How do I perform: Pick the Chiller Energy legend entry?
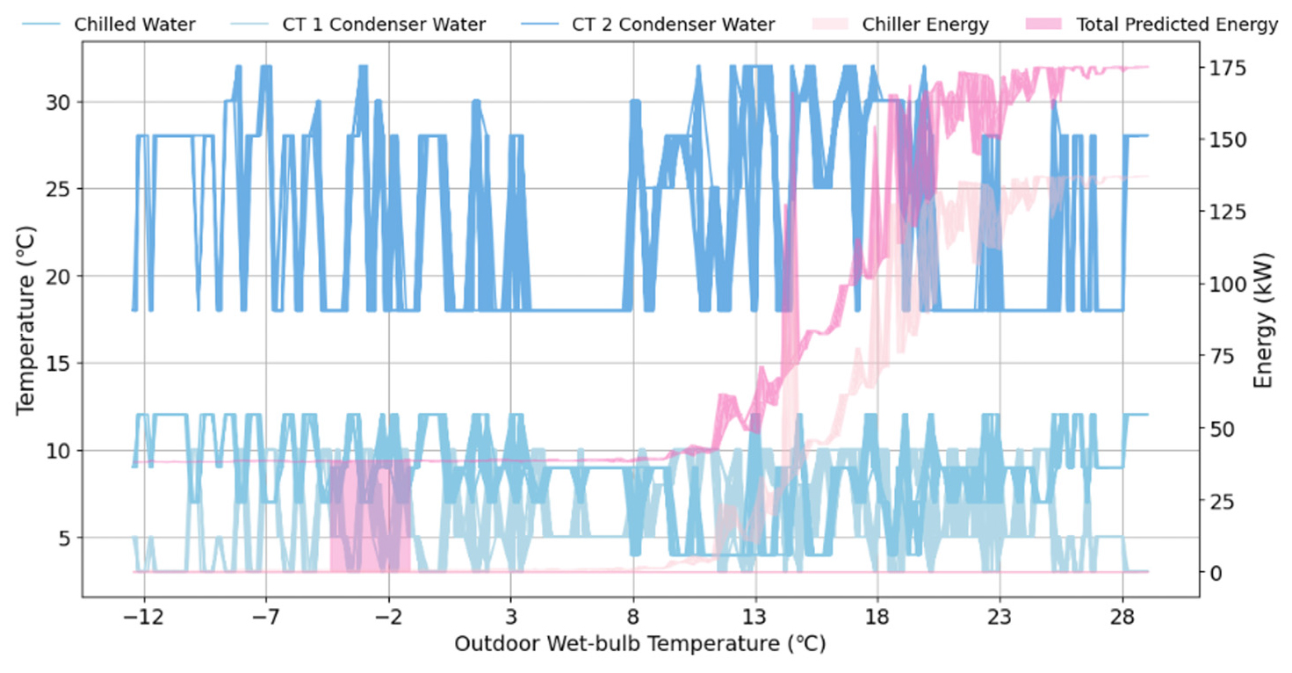[x=927, y=25]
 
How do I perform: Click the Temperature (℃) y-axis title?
[x=25, y=317]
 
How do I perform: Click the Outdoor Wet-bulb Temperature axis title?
[x=639, y=645]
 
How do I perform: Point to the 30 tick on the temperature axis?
[x=61, y=102]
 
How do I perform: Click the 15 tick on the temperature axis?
[x=61, y=364]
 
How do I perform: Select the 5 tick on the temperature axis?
[x=67, y=538]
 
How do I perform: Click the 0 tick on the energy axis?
[x=1216, y=573]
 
